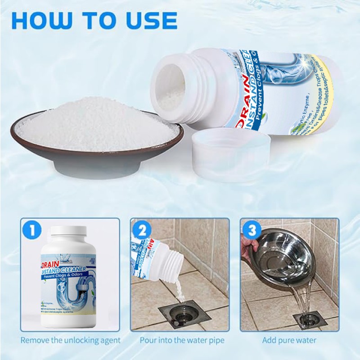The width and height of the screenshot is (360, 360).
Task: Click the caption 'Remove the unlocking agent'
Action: point(71,340)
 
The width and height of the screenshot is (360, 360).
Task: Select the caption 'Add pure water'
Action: point(289,340)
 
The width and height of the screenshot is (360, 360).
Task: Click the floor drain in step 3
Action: point(310,319)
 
